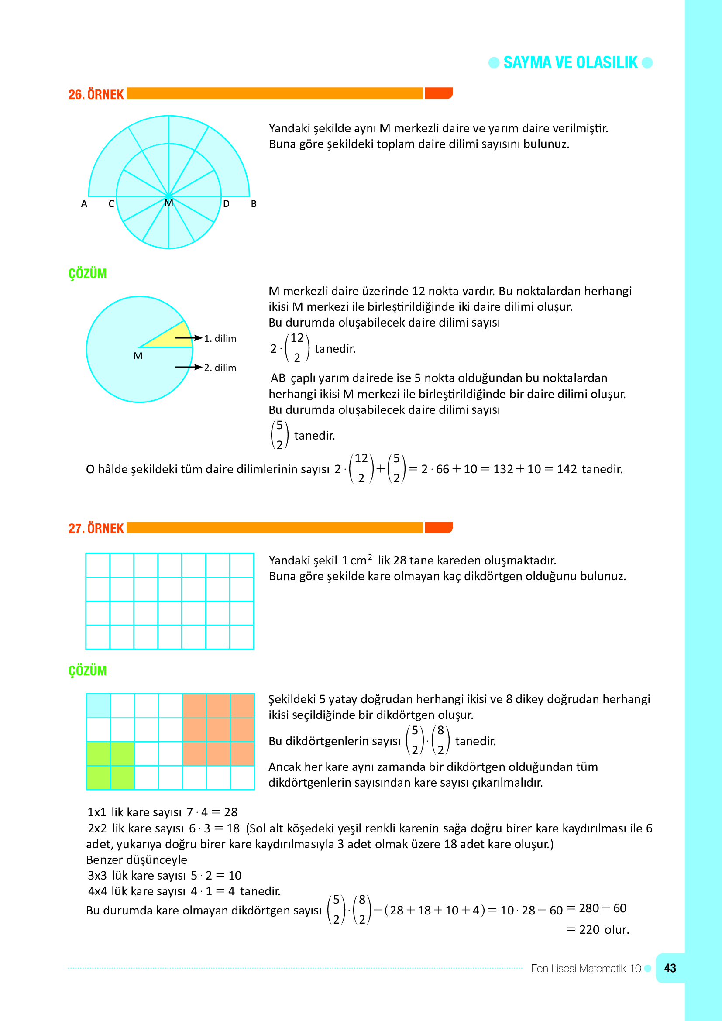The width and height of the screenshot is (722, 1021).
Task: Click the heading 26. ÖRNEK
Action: point(96,95)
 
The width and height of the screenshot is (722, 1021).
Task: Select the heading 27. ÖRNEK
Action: point(96,528)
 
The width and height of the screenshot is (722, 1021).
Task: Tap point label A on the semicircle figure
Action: point(84,204)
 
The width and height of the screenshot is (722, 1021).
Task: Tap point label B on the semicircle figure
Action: point(254,204)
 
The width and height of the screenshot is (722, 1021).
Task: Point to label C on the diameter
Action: point(112,204)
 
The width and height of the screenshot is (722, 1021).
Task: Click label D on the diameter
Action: point(226,204)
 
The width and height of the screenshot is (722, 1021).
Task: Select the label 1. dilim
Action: point(220,338)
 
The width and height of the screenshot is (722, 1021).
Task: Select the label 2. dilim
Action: point(220,368)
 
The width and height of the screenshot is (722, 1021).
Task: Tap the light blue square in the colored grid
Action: point(98,706)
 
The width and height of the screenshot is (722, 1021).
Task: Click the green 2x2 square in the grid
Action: point(110,766)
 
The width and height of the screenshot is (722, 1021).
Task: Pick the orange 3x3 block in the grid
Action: point(218,730)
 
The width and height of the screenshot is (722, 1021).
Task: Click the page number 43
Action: point(670,968)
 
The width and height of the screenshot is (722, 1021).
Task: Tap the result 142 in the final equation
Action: point(567,469)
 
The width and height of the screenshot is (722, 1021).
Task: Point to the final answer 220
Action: point(589,929)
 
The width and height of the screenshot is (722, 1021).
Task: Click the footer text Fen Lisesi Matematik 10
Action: point(585,968)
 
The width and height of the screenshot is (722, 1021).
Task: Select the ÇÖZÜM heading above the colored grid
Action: point(88,670)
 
